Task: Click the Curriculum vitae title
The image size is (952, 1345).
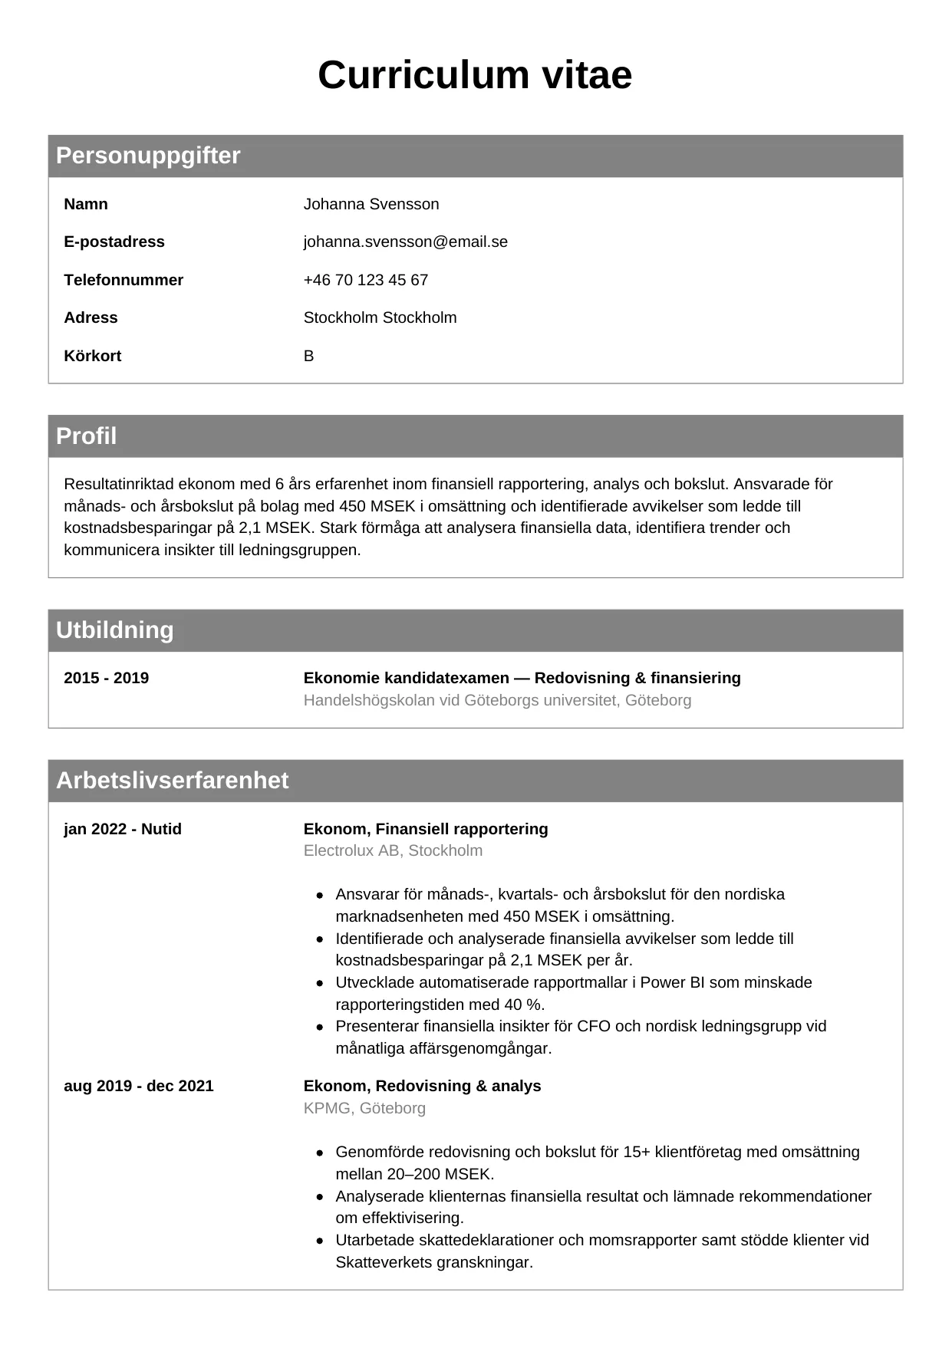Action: (x=475, y=75)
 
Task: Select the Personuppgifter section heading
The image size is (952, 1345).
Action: (x=148, y=156)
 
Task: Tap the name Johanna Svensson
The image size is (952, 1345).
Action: (x=371, y=204)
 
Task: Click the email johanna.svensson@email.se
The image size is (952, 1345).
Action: (x=405, y=242)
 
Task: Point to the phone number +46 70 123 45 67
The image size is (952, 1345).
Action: (x=365, y=280)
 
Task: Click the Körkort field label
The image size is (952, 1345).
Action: (x=92, y=356)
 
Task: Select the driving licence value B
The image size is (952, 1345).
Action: (x=308, y=356)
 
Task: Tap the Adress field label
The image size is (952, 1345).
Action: (x=91, y=317)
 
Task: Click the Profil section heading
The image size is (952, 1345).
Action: (x=86, y=436)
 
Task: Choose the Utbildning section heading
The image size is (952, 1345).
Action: (x=114, y=630)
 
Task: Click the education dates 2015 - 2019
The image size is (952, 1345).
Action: (x=106, y=678)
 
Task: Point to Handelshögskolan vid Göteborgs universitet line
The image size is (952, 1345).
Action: (x=497, y=700)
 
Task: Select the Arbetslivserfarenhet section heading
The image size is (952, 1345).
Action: (x=172, y=781)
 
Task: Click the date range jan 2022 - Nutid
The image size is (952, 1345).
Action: (x=123, y=829)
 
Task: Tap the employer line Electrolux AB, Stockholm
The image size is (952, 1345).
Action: (x=393, y=850)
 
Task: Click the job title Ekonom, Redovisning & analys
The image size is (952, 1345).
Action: (x=422, y=1086)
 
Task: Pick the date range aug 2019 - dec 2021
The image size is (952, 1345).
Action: (x=138, y=1086)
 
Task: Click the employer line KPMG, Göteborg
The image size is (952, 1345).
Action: (x=364, y=1108)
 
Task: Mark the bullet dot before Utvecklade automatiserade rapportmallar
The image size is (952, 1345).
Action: (x=320, y=983)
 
